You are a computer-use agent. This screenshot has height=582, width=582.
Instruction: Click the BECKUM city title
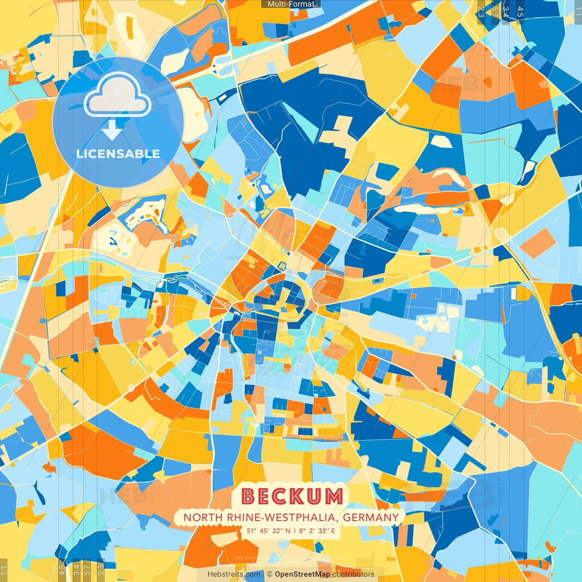pos(292,497)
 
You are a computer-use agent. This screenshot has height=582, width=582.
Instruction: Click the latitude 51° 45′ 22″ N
pos(268,531)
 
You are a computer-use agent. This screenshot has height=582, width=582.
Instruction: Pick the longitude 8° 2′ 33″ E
pos(316,531)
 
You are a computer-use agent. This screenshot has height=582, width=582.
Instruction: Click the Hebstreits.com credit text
pos(234,574)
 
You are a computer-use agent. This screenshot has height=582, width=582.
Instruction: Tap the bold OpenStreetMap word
pos(302,574)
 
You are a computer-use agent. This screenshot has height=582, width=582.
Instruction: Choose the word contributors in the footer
pos(353,574)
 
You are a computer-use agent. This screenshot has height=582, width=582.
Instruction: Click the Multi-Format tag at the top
pos(291,4)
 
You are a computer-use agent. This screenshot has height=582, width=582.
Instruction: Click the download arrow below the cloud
pos(111,130)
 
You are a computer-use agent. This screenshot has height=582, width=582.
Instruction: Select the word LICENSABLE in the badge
pos(118,154)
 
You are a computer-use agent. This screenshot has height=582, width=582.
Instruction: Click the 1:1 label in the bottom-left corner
pos(4,570)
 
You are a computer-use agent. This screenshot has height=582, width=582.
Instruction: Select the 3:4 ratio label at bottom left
pos(76,570)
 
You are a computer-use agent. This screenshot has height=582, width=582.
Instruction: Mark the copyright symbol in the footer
pos(270,574)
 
